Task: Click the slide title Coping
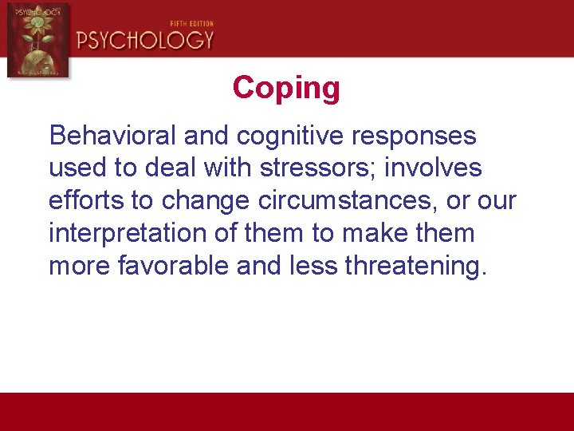click(x=286, y=89)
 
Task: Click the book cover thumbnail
click(x=37, y=39)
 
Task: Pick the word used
click(x=74, y=168)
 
